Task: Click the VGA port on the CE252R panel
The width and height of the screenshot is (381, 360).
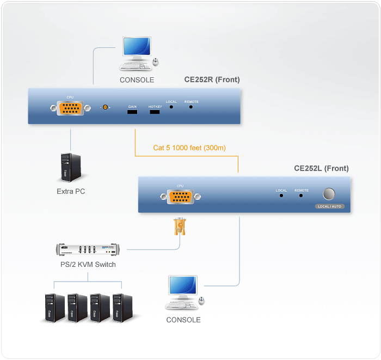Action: [70, 108]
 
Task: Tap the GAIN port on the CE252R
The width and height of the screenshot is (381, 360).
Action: [132, 112]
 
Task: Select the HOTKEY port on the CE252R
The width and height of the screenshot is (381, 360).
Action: [155, 112]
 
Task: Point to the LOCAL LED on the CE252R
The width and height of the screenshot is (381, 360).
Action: [171, 107]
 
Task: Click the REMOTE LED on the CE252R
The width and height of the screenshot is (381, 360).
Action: [191, 107]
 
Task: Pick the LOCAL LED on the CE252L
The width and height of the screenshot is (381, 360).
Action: [281, 194]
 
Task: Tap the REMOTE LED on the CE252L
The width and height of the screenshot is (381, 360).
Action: [301, 194]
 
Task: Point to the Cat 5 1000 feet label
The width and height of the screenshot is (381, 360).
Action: [189, 148]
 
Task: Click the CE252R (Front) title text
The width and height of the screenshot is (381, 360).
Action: [212, 80]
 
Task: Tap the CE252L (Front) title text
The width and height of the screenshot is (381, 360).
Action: [321, 168]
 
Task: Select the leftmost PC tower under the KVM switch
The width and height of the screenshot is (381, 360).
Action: [54, 308]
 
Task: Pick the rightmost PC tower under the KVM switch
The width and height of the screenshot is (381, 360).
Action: [122, 308]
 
